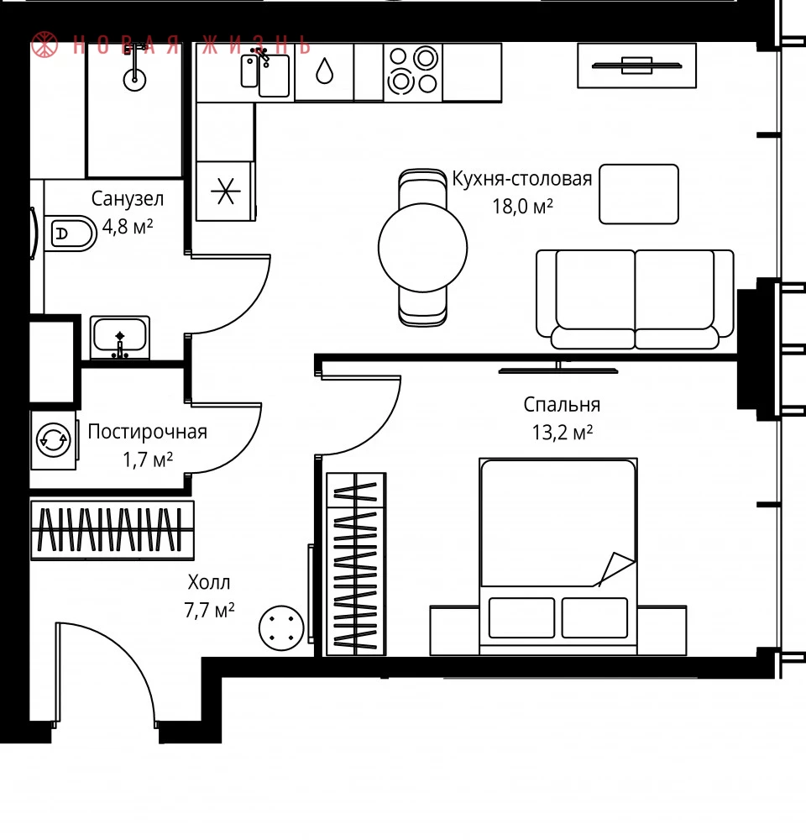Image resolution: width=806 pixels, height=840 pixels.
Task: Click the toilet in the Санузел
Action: click(x=71, y=234)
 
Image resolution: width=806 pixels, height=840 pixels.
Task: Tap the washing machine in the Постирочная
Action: click(x=54, y=440)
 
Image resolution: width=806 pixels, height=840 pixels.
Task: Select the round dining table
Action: click(x=422, y=248)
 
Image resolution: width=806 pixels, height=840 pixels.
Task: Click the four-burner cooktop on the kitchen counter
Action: click(x=413, y=71)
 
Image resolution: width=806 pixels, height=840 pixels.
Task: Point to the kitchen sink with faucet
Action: click(x=265, y=73)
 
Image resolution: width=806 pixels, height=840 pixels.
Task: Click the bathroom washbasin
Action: click(x=119, y=338)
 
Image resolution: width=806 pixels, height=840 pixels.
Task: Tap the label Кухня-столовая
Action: click(x=522, y=178)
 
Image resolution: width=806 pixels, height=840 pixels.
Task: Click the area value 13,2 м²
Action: click(x=563, y=433)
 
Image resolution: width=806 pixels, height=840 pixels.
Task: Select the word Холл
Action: click(x=209, y=582)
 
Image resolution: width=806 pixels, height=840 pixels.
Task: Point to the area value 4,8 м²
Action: click(x=128, y=227)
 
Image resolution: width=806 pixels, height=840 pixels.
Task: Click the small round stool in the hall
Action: click(x=281, y=627)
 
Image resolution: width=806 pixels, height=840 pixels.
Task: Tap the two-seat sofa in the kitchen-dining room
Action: click(x=636, y=300)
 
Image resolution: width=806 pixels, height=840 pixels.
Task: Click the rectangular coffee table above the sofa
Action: click(x=639, y=194)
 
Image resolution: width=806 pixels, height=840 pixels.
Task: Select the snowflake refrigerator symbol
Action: click(x=226, y=191)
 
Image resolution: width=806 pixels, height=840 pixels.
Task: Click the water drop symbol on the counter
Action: click(x=324, y=71)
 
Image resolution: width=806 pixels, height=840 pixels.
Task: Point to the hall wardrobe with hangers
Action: click(x=112, y=530)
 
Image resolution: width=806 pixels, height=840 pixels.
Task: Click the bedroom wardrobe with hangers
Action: click(x=356, y=564)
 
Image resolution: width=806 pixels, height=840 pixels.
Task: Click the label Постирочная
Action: click(x=147, y=432)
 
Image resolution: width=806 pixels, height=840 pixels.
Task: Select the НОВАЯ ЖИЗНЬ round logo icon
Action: click(x=44, y=45)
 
